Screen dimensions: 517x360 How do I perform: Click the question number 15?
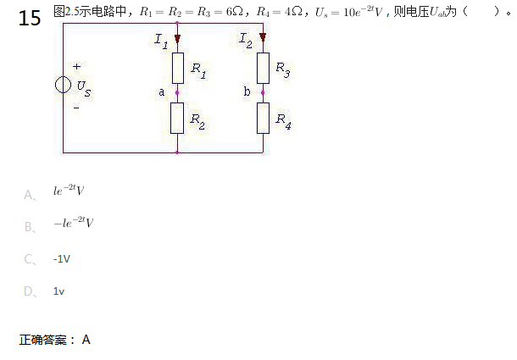30,18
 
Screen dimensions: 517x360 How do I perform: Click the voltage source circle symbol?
63,86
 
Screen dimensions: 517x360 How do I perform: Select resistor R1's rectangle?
177,66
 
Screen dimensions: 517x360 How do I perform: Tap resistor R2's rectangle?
177,117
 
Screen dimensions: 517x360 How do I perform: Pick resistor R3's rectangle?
263,66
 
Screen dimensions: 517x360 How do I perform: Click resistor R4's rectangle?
263,117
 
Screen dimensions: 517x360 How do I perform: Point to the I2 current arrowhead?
263,38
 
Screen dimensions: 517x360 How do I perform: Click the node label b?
246,91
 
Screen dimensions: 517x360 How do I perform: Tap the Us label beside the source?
82,87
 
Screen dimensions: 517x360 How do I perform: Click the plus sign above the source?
76,66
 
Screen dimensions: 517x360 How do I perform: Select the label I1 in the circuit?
161,40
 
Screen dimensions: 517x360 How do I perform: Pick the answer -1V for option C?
61,259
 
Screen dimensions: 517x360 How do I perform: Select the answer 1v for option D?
58,291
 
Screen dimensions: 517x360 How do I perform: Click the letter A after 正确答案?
86,340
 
